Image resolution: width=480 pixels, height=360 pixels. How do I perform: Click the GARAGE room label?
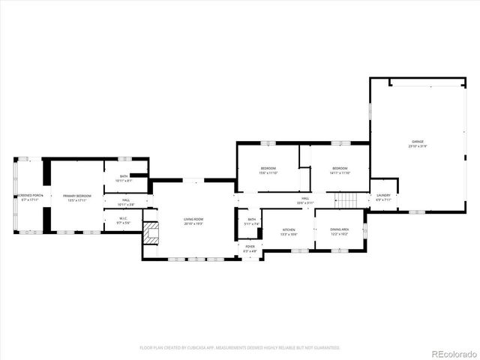(418, 141)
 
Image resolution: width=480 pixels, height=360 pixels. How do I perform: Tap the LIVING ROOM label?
(193, 219)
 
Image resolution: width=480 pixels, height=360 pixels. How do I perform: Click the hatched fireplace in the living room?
(151, 232)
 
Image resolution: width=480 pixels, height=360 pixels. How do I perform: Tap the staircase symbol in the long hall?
(345, 200)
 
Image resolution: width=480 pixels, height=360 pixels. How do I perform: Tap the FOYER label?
(250, 246)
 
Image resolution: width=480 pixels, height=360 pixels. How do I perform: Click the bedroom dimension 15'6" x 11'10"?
(268, 173)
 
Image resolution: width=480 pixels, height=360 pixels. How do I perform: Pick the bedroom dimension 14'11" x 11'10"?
(340, 173)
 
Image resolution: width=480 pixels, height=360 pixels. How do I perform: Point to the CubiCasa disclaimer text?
(240, 347)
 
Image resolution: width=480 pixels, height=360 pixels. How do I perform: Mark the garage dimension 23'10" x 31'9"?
(418, 146)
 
